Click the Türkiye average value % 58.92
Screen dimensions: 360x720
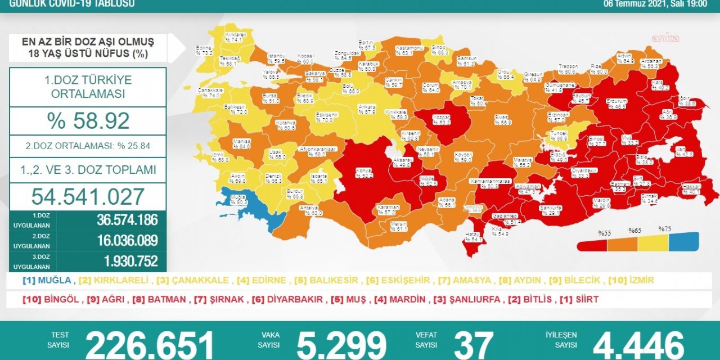[x=88, y=121]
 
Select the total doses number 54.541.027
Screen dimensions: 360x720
[x=88, y=196]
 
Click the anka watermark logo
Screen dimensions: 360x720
[x=665, y=38]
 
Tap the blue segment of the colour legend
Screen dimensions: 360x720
[x=683, y=242]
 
